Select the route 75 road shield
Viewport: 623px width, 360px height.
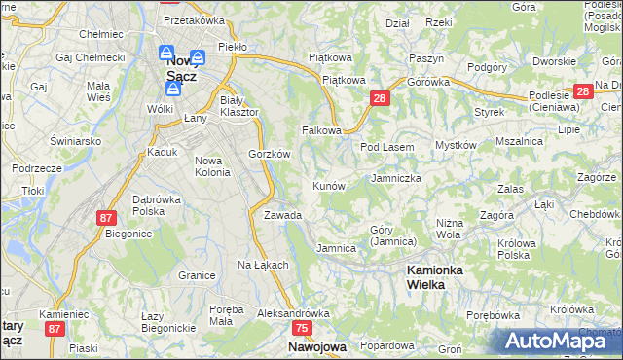coord(302,329)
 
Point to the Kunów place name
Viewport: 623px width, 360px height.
coord(329,185)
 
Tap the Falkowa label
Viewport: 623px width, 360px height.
coord(322,129)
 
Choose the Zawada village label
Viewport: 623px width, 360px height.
coord(282,215)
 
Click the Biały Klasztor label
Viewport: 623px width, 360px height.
coord(239,106)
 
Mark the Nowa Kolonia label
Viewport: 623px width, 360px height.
coord(213,166)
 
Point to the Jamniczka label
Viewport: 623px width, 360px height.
coord(396,179)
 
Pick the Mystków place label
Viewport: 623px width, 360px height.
coord(456,145)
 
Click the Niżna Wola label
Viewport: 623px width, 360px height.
coord(448,229)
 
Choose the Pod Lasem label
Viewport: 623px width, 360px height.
coord(387,147)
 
